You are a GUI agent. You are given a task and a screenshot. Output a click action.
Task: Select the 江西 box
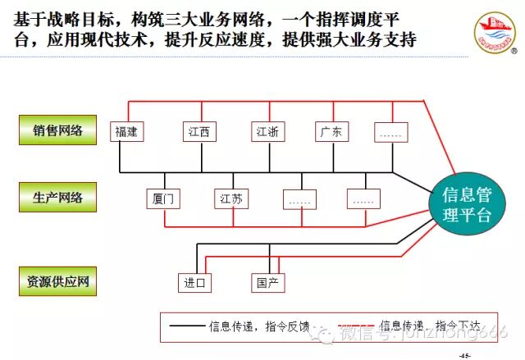click(x=198, y=131)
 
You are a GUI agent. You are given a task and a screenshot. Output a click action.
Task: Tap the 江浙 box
click(x=268, y=131)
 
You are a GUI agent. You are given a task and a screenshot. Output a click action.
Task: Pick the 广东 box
click(x=332, y=131)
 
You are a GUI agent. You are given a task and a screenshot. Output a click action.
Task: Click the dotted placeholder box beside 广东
click(x=390, y=131)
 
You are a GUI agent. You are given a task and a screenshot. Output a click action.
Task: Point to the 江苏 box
click(x=229, y=199)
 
